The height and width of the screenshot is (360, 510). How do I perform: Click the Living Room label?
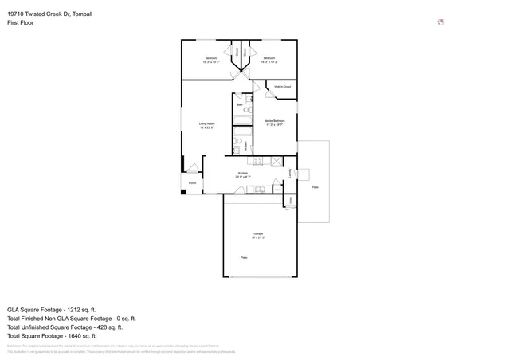[207, 124]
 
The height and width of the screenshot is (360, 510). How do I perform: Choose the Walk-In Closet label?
[282, 86]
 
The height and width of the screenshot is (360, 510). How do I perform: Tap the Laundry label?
[289, 172]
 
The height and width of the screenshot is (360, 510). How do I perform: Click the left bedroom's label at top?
[211, 58]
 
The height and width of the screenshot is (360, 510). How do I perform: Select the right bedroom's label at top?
[269, 58]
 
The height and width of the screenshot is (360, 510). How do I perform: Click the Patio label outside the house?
[315, 186]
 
